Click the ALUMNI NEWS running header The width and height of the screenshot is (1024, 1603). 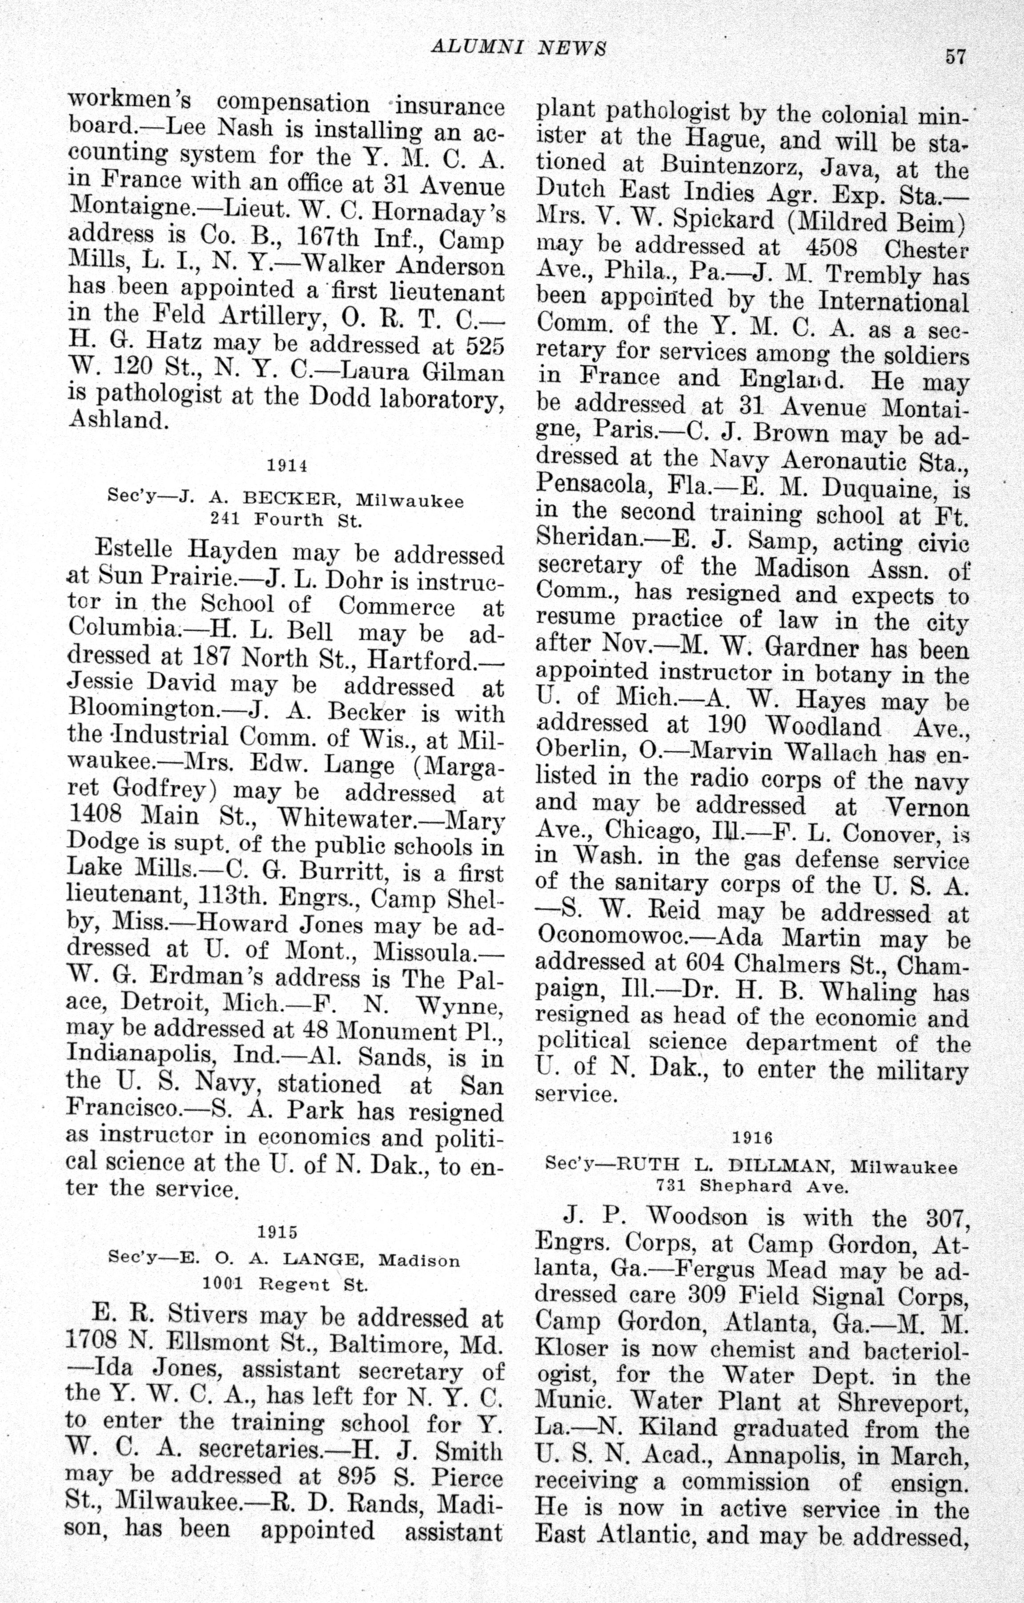518,48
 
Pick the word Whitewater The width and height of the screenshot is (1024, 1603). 346,817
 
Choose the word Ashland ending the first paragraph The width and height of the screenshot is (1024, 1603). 116,421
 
